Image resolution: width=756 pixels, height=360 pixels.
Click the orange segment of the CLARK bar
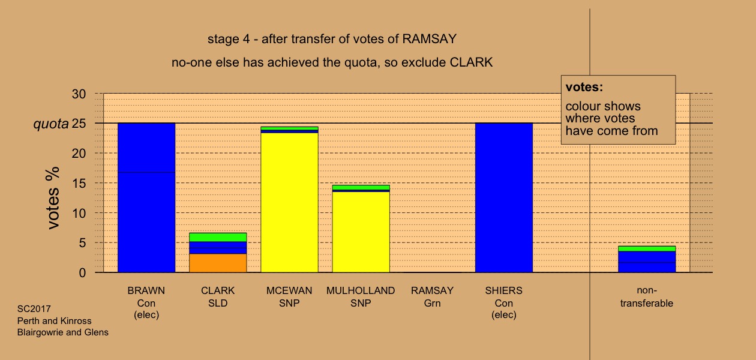point(218,263)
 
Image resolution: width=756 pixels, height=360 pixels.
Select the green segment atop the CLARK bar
point(218,237)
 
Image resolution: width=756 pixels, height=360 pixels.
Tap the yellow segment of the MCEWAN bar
point(289,202)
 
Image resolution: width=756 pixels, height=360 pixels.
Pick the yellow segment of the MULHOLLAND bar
point(361,232)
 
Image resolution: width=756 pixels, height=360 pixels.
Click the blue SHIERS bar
point(504,198)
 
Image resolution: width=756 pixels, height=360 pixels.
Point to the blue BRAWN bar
point(146,198)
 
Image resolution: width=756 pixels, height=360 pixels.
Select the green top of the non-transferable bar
point(647,248)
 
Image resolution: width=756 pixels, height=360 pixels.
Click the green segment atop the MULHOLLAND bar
point(361,187)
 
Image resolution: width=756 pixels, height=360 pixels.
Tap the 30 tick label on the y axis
point(79,94)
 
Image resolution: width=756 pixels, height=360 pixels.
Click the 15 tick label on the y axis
point(79,184)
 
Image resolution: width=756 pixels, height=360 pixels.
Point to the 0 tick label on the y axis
point(82,273)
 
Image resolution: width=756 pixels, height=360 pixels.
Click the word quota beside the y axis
point(51,124)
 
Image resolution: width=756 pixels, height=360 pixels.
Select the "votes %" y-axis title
point(53,198)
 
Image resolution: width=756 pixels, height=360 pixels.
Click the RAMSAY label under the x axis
point(432,290)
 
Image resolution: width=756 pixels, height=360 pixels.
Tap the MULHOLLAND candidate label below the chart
point(361,290)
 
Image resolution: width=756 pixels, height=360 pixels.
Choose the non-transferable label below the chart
point(647,297)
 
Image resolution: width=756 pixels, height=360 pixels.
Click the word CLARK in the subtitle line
point(471,62)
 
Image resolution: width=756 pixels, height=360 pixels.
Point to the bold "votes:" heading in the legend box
point(584,87)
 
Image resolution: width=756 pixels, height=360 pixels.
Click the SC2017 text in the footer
point(34,309)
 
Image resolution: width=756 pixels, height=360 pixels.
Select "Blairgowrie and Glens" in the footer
point(63,332)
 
